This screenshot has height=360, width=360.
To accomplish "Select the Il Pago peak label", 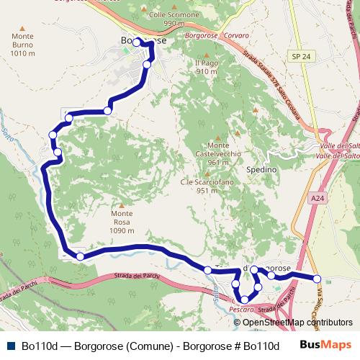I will (206, 68).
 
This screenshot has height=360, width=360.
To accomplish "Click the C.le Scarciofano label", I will (199, 186).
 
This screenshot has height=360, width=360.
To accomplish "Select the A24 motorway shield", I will (318, 197).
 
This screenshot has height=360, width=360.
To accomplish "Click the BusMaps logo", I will (325, 346).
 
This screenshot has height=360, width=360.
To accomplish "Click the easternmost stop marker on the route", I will (317, 278).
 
